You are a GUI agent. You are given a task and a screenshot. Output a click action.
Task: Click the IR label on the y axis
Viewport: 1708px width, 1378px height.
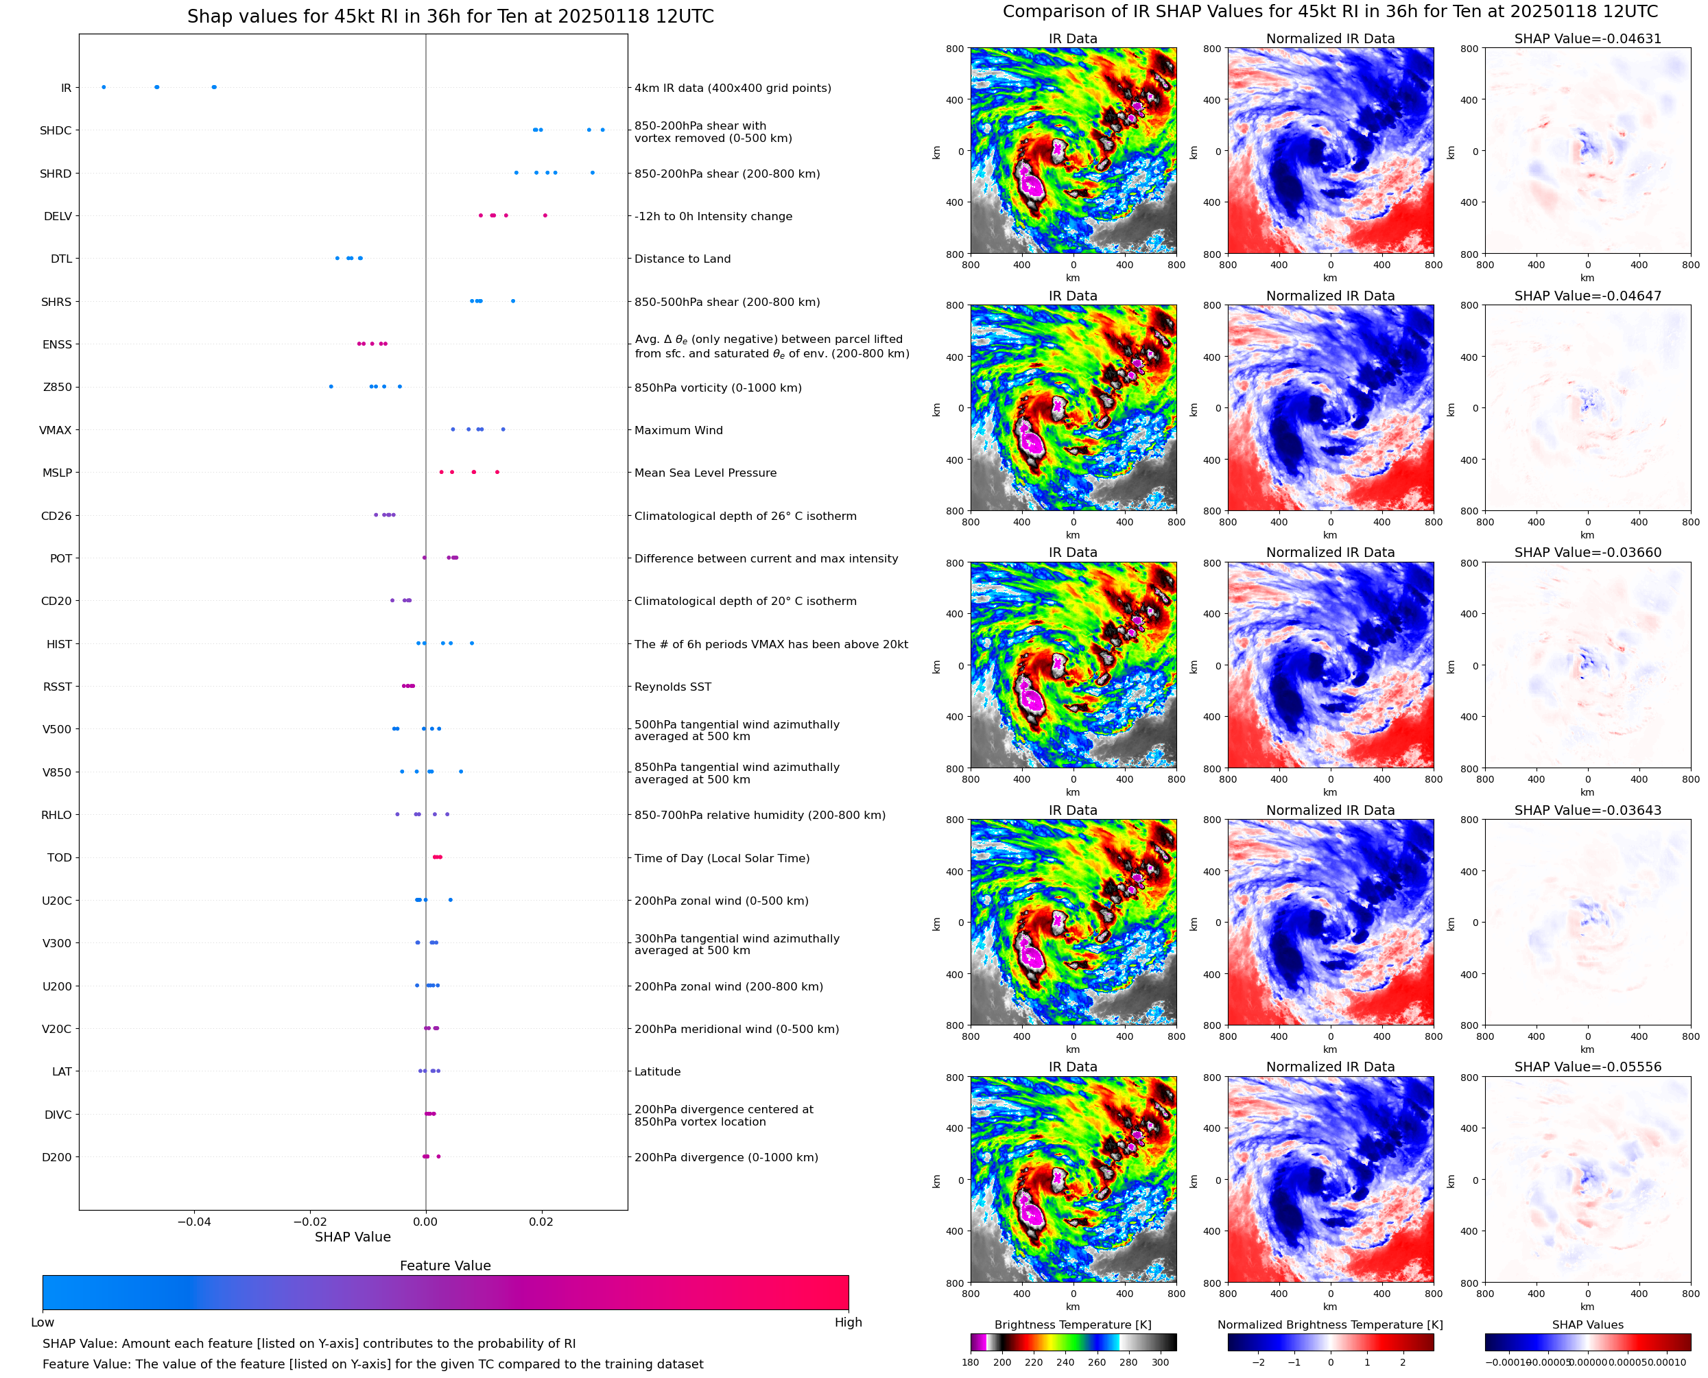click(66, 88)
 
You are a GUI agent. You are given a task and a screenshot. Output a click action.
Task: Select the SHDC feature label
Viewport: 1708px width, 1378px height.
click(56, 131)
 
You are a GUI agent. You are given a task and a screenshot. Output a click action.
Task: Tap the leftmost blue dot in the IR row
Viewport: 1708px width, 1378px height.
click(104, 87)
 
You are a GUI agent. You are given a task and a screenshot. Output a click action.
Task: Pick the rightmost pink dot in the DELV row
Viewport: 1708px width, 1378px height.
click(545, 216)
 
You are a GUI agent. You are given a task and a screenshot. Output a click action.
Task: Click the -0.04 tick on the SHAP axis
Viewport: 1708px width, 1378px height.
click(193, 1222)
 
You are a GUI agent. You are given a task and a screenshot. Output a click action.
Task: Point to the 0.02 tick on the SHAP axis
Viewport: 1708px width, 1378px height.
click(541, 1222)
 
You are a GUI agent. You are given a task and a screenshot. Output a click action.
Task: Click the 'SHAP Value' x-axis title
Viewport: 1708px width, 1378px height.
click(353, 1237)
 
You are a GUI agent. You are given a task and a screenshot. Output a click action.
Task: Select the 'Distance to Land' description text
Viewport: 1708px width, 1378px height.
click(682, 259)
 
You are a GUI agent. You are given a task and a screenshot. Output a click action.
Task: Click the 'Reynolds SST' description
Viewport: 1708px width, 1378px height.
click(672, 687)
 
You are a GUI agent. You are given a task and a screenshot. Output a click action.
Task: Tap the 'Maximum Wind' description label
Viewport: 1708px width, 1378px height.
click(678, 430)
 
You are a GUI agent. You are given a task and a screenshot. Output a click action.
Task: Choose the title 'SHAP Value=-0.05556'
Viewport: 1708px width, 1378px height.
click(1587, 1067)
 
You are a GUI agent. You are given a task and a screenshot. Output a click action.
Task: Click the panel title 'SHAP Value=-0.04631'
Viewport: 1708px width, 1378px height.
click(1587, 39)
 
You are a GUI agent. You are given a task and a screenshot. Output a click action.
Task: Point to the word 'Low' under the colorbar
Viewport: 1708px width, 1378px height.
click(42, 1322)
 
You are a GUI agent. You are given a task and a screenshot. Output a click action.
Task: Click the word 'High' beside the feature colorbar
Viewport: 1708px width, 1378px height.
click(848, 1322)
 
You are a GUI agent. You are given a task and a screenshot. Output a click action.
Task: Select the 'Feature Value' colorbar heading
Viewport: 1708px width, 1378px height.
click(444, 1266)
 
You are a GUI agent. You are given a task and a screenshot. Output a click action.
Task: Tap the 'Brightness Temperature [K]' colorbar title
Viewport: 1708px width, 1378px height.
click(1072, 1324)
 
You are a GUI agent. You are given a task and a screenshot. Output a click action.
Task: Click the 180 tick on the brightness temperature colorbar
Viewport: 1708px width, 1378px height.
click(971, 1362)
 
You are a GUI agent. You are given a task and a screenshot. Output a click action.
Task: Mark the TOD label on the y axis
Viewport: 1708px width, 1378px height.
click(60, 858)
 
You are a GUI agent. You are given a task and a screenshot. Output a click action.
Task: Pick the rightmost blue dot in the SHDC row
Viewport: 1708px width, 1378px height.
click(602, 130)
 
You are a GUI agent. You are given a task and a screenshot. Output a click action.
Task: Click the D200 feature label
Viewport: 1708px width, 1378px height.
click(56, 1157)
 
